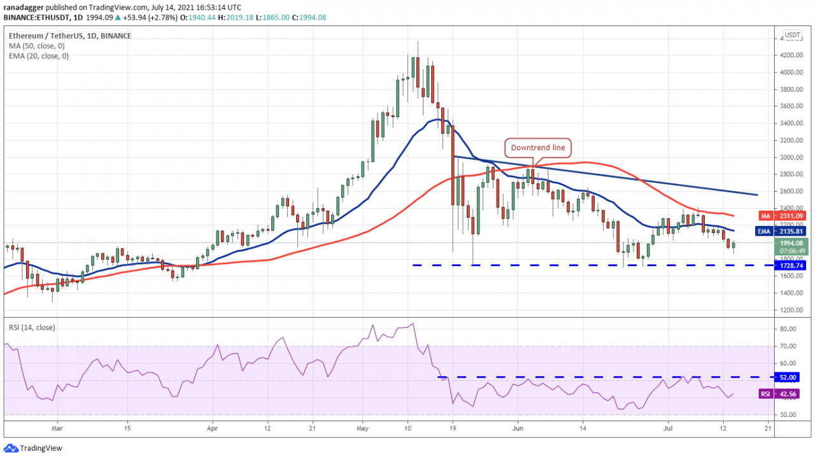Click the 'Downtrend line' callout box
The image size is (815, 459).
point(538,148)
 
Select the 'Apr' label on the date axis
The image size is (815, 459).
point(212,429)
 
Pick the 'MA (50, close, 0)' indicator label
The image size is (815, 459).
point(37,46)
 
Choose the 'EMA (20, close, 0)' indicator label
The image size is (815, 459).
point(39,56)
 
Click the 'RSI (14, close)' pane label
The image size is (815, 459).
point(31,328)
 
